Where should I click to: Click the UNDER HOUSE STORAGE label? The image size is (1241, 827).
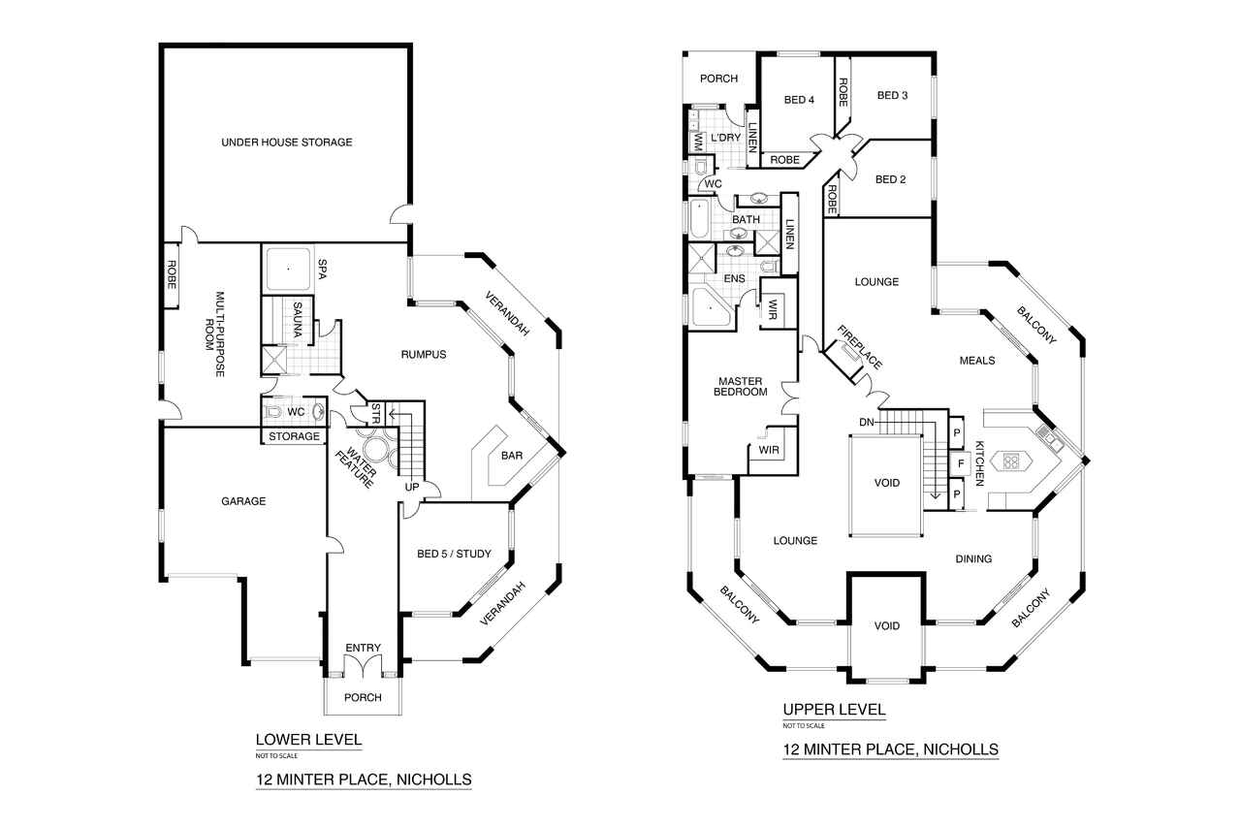pyautogui.click(x=286, y=143)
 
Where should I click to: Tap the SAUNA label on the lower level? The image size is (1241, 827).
pyautogui.click(x=298, y=320)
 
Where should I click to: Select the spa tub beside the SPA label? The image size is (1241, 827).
pyautogui.click(x=288, y=270)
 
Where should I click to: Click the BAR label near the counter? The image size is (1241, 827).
pyautogui.click(x=511, y=456)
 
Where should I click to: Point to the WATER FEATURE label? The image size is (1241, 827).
pyautogui.click(x=355, y=468)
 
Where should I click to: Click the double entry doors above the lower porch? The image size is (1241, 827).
pyautogui.click(x=363, y=666)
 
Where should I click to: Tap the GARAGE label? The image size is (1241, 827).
pyautogui.click(x=243, y=501)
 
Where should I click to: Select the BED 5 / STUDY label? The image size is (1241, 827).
pyautogui.click(x=454, y=554)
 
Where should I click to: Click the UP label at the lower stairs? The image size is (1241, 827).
pyautogui.click(x=412, y=487)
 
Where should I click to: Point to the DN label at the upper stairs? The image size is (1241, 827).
pyautogui.click(x=867, y=423)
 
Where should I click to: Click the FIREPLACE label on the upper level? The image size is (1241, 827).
pyautogui.click(x=859, y=347)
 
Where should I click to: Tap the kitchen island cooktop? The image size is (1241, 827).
pyautogui.click(x=1010, y=461)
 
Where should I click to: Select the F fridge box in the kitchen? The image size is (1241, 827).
pyautogui.click(x=961, y=463)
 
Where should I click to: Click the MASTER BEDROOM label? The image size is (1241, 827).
pyautogui.click(x=740, y=387)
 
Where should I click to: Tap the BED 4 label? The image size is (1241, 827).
pyautogui.click(x=799, y=100)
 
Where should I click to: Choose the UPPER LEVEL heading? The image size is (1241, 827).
pyautogui.click(x=835, y=710)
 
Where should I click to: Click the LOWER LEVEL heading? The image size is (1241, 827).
pyautogui.click(x=308, y=740)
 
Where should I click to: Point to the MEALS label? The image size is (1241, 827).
pyautogui.click(x=976, y=361)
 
